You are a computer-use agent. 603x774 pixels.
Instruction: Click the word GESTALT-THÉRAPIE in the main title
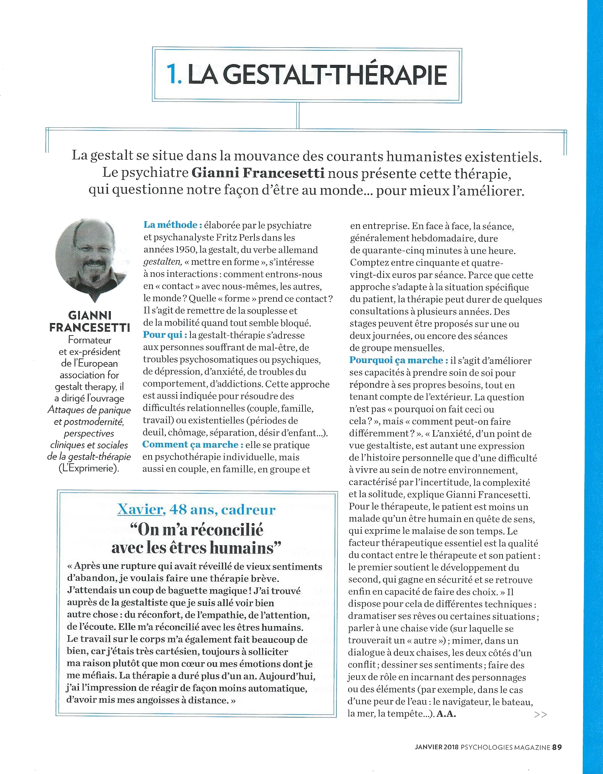tap(333, 75)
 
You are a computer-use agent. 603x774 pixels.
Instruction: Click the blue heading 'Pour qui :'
tap(165, 335)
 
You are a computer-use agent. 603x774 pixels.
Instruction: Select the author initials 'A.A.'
tap(446, 714)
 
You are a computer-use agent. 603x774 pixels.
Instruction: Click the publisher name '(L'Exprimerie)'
tap(89, 468)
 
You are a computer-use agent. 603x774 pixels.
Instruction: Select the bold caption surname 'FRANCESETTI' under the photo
tap(90, 328)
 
